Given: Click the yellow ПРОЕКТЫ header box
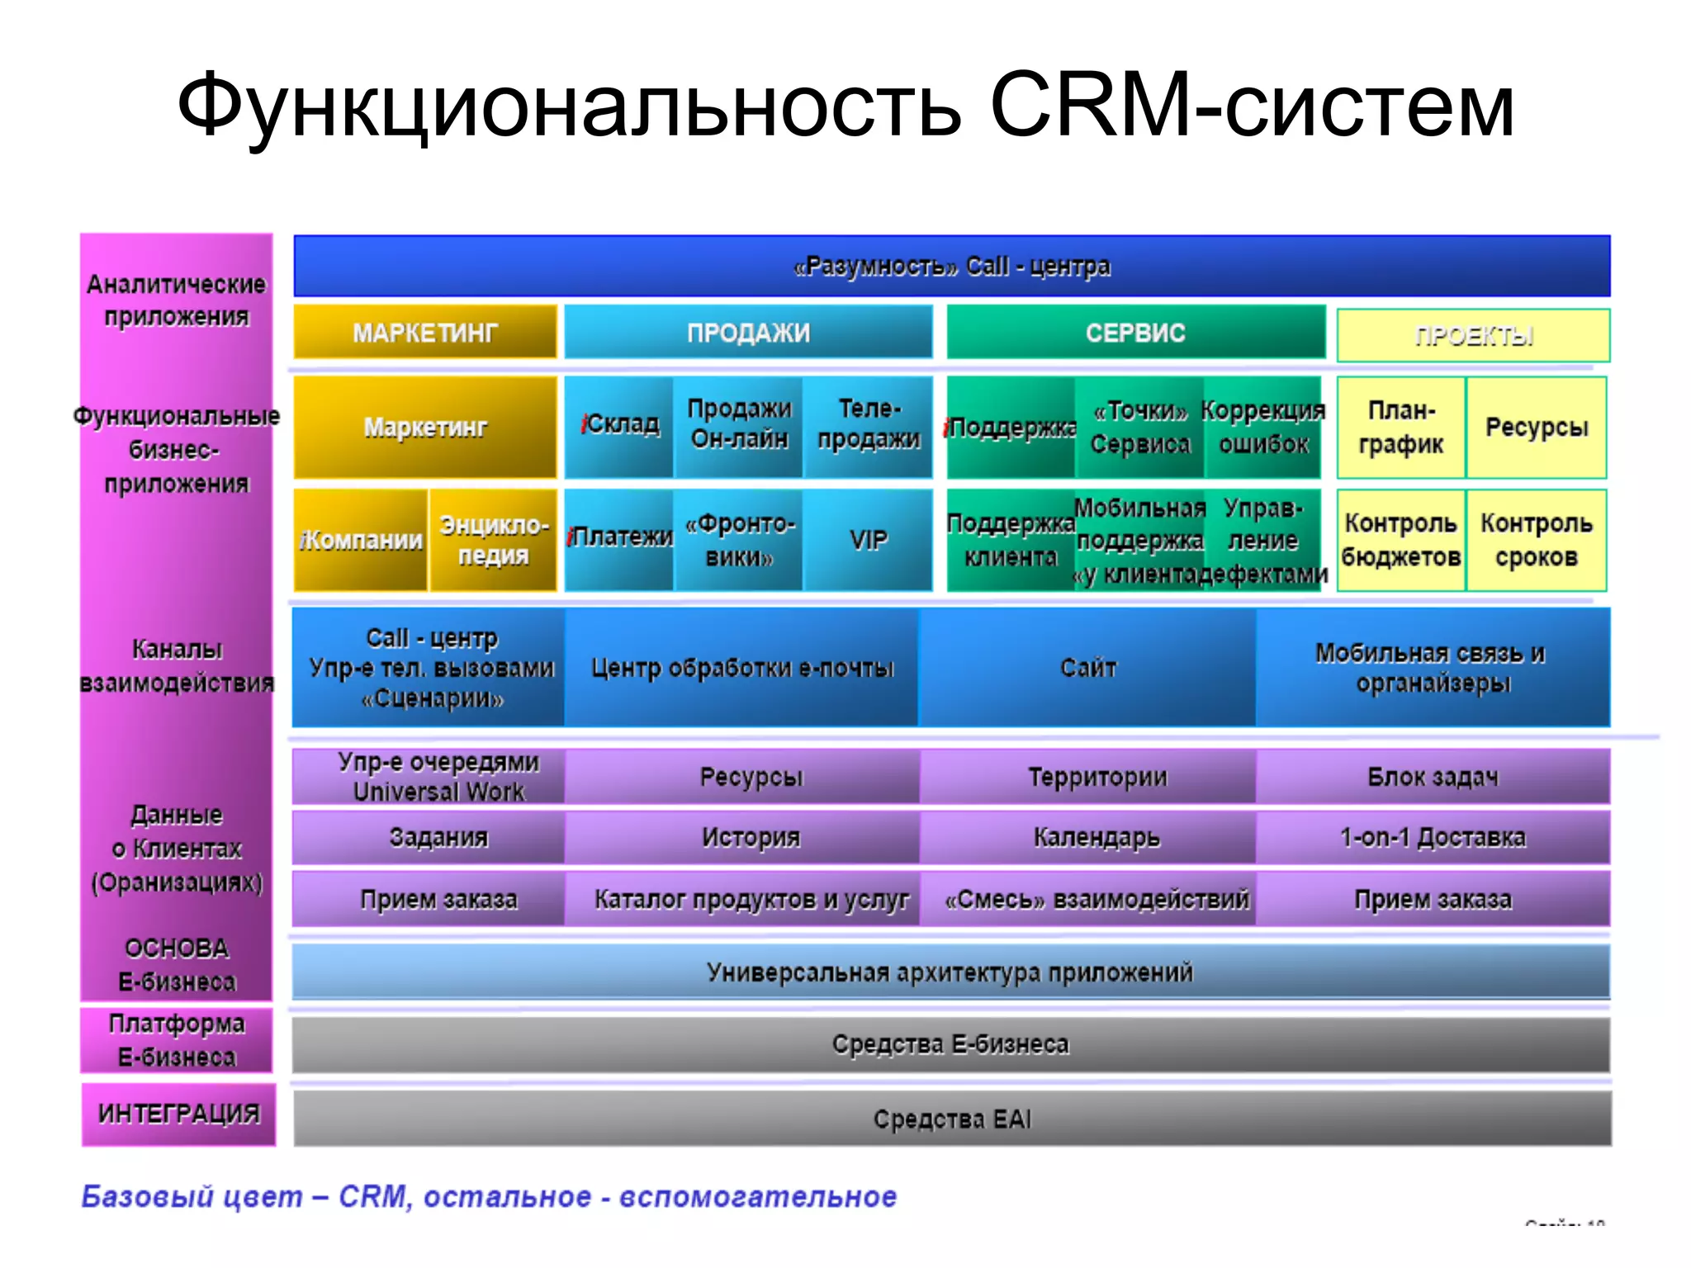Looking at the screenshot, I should pos(1473,335).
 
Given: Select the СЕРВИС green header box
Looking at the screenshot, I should pos(1135,332).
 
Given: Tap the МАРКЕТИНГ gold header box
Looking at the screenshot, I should pos(425,332).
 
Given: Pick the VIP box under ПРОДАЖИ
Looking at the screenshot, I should pos(868,540).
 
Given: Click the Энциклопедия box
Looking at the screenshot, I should pos(493,540).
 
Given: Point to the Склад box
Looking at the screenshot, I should pos(619,426).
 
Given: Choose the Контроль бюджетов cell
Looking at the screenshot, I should pos(1400,540).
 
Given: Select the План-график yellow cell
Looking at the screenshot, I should pos(1400,427).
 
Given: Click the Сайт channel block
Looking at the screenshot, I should pos(1087,667).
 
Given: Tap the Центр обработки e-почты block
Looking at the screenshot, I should pos(741,667).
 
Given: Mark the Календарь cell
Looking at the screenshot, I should pos(1096,837).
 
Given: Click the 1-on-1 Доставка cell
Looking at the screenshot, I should pos(1433,837).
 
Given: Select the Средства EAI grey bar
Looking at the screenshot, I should pos(951,1119).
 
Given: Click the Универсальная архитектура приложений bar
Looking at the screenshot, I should pos(950,972).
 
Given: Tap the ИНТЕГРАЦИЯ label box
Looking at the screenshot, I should pos(178,1114).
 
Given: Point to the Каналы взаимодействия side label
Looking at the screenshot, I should pos(177,665).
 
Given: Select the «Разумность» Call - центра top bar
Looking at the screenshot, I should pos(951,266).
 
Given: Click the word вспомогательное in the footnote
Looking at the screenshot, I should pos(757,1196).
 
